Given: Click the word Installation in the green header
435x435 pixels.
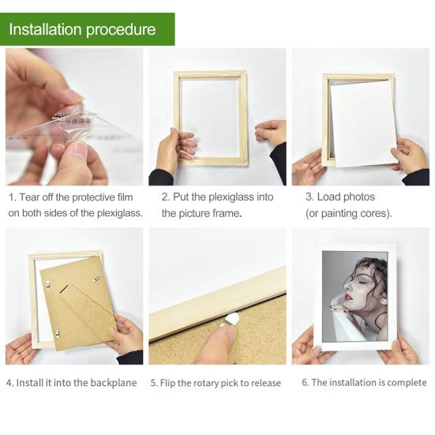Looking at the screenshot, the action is tap(45, 29).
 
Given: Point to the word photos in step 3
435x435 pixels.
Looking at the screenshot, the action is tap(359, 197).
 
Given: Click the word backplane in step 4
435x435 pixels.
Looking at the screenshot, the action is tap(114, 383).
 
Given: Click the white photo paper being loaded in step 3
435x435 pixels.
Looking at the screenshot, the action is tap(363, 123).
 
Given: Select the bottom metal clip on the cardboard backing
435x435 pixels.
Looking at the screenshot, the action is tap(57, 333).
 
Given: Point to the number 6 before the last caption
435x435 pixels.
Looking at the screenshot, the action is tap(304, 383).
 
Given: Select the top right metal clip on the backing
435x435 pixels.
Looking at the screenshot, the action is tap(97, 278).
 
